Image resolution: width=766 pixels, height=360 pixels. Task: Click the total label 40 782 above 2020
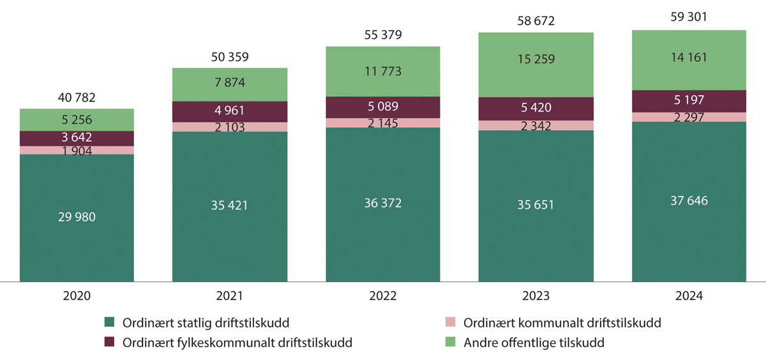tap(77, 98)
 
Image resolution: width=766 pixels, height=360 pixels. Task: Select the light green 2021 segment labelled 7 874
tap(230, 84)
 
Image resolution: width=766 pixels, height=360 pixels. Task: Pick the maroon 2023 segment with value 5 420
tap(536, 109)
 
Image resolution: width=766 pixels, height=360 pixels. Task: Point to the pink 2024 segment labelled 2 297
tap(689, 117)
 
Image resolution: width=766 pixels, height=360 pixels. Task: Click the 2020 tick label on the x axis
tap(77, 296)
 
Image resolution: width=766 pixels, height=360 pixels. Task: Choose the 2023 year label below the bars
tap(536, 296)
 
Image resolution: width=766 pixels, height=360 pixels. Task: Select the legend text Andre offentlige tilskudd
tap(534, 343)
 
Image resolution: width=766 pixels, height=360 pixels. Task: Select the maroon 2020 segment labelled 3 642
tap(77, 138)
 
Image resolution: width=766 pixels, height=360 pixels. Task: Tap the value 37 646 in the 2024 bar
tap(689, 201)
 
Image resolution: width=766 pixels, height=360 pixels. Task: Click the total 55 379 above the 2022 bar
tap(383, 35)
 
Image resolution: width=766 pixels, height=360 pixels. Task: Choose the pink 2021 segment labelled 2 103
tap(230, 127)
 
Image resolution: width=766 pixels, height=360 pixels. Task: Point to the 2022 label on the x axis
tap(383, 296)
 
